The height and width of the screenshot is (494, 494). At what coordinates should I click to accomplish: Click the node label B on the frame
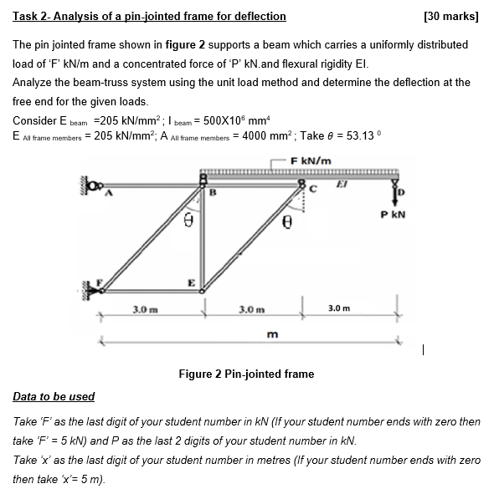click(213, 191)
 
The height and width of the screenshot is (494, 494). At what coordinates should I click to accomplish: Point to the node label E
click(191, 283)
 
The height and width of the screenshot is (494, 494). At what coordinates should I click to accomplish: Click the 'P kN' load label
click(392, 214)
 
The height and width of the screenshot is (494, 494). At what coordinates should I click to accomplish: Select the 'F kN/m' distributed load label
click(311, 160)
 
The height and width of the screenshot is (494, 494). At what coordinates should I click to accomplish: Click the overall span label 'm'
click(271, 334)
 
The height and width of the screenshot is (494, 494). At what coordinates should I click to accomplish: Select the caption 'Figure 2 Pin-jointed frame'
click(246, 374)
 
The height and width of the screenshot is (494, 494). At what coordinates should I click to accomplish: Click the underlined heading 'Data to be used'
click(54, 396)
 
